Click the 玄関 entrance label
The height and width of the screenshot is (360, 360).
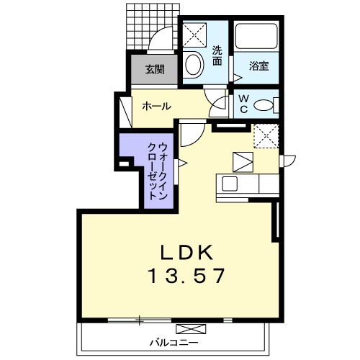[x=155, y=70]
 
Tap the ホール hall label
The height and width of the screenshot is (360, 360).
[x=157, y=106]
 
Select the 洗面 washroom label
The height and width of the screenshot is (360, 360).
[x=217, y=56]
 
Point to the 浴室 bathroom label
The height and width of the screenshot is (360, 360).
[x=258, y=66]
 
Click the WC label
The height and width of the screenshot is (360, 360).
[x=244, y=104]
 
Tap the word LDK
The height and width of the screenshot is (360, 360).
[x=186, y=253]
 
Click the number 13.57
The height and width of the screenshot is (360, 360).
[x=187, y=276]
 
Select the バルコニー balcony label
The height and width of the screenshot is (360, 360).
[x=174, y=343]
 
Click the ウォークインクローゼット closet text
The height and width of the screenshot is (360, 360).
[x=158, y=171]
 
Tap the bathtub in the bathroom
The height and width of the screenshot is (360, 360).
[x=256, y=36]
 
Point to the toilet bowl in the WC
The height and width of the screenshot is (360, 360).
[x=264, y=105]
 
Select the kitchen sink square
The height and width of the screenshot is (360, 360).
[x=230, y=184]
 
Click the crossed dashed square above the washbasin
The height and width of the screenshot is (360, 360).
[x=194, y=35]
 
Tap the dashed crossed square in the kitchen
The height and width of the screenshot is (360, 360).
[x=266, y=136]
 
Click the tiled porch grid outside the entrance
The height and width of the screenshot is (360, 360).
[x=153, y=27]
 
